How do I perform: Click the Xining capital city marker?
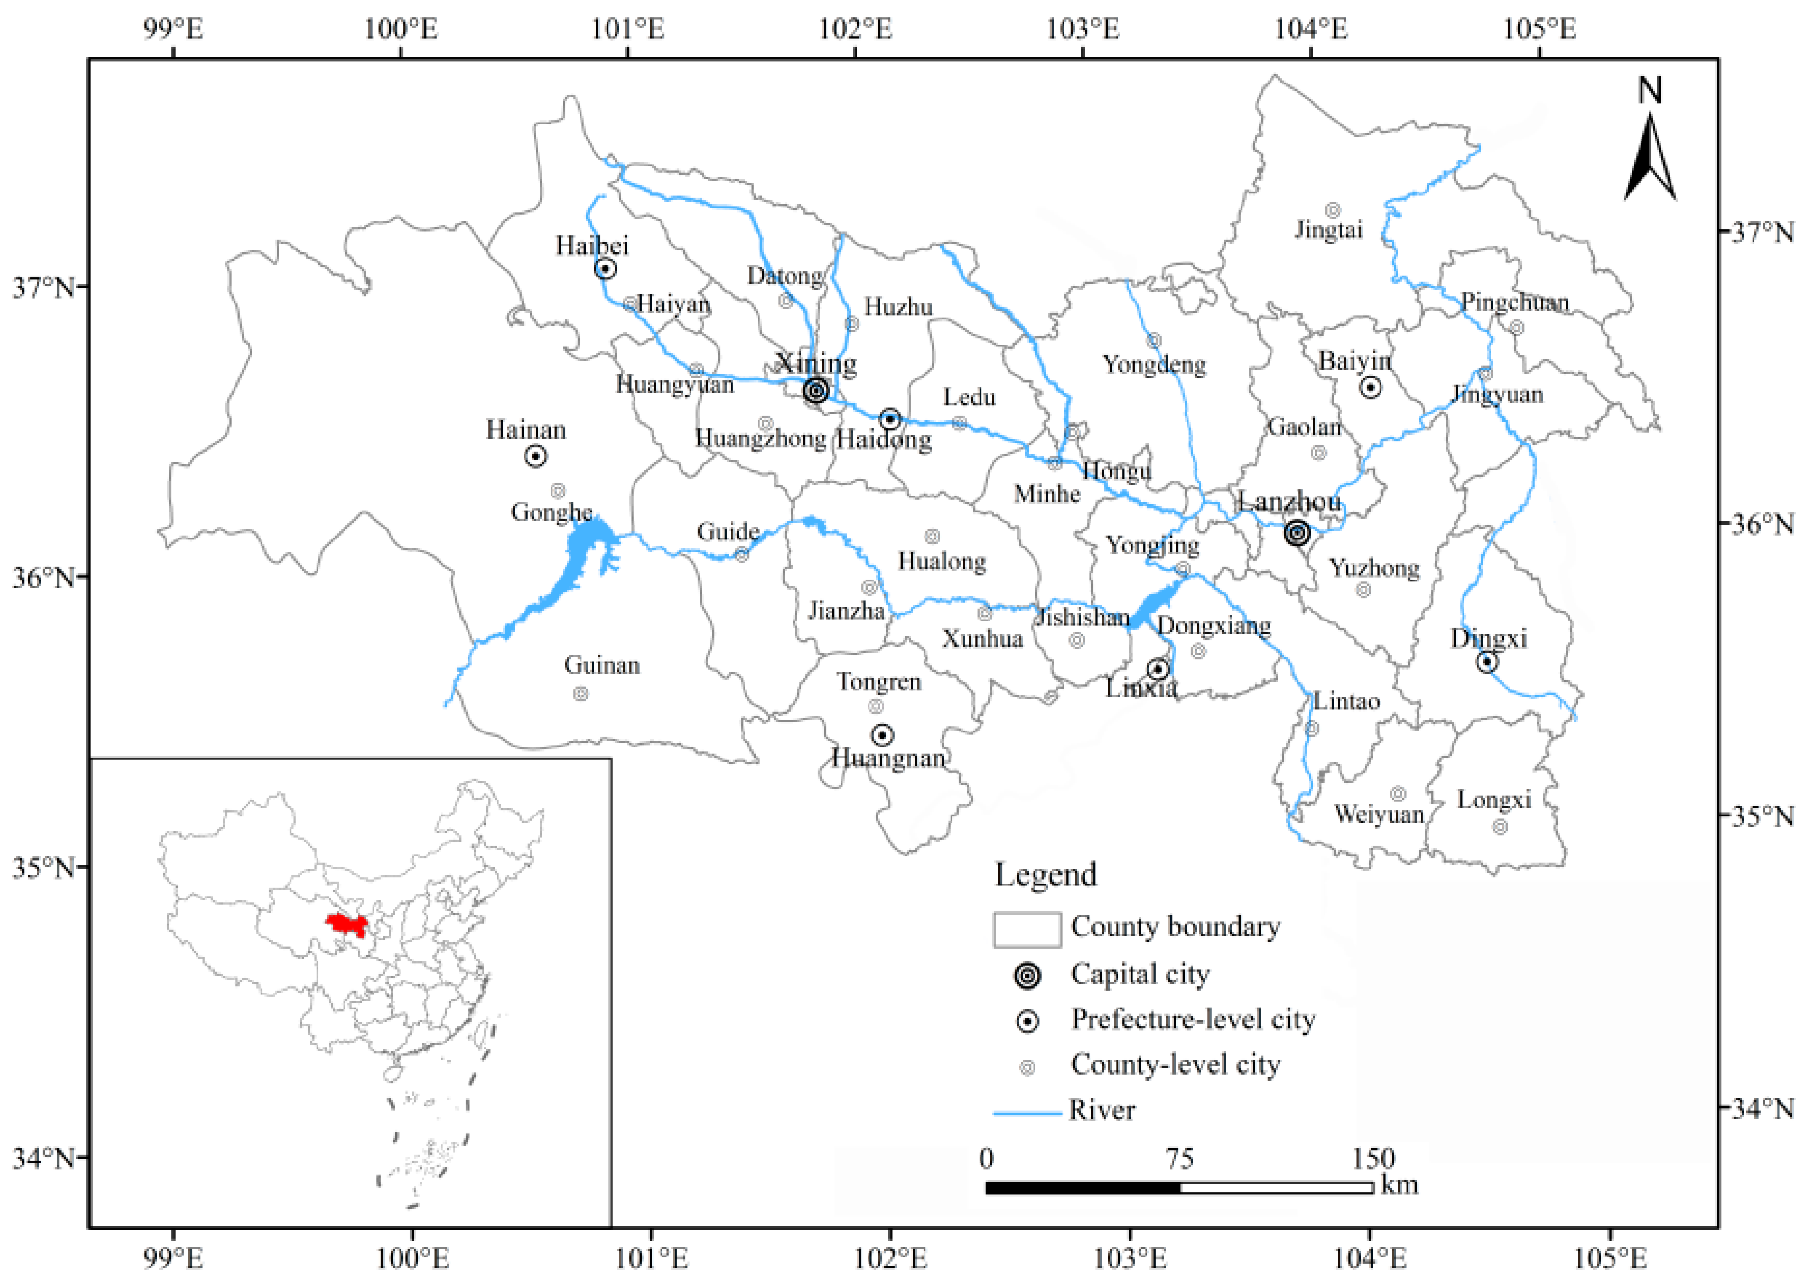coord(816,390)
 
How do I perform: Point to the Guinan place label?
coord(602,665)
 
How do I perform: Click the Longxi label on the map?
coord(1493,800)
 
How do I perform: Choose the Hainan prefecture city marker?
coord(536,456)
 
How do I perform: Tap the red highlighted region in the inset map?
coord(347,924)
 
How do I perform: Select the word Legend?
coord(1045,874)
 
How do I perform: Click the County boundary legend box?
coord(1027,929)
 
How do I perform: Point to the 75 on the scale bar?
coord(1179,1159)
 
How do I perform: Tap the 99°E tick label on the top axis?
coord(173,29)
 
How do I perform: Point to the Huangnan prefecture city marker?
coord(882,735)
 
